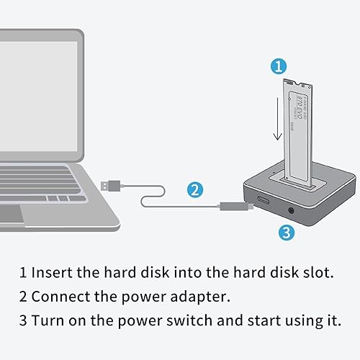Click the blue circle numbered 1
pos(279,66)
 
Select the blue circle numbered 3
pos(285,232)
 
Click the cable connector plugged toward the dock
pos(234,206)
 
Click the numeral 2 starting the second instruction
pos(23,297)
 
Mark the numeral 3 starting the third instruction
pos(23,320)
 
